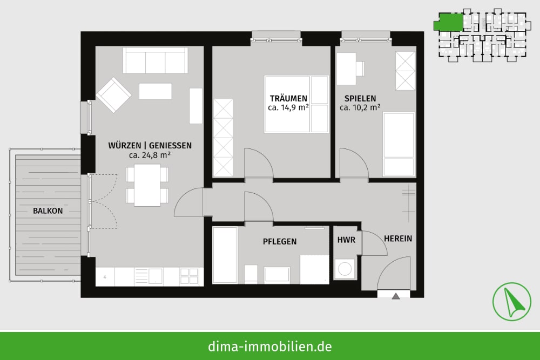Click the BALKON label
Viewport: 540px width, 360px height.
pos(48,210)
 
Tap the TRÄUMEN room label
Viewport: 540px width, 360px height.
pos(288,99)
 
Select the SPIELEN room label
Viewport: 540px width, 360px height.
pos(360,98)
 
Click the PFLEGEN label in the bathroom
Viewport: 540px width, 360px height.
pos(280,242)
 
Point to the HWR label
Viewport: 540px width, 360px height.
pos(346,240)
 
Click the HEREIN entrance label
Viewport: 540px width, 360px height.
pos(398,239)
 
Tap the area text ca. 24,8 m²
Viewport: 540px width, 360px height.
pos(150,155)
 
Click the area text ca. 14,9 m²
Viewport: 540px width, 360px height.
pos(288,108)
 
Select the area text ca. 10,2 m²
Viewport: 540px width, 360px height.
pos(360,107)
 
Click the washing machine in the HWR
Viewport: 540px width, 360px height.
pos(345,269)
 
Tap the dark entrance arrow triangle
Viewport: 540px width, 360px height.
pos(396,296)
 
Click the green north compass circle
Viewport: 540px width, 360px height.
pos(511,302)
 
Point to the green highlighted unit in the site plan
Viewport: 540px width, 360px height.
pos(448,22)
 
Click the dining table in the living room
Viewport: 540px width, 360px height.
pos(147,185)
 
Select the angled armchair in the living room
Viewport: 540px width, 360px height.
pos(113,94)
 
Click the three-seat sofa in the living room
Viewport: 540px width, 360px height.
pos(156,60)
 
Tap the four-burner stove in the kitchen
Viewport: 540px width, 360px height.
pos(189,277)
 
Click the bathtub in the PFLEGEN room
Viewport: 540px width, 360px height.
pos(225,255)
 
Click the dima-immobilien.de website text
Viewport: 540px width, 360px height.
pos(270,346)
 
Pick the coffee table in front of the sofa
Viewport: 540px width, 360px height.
pos(156,91)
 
